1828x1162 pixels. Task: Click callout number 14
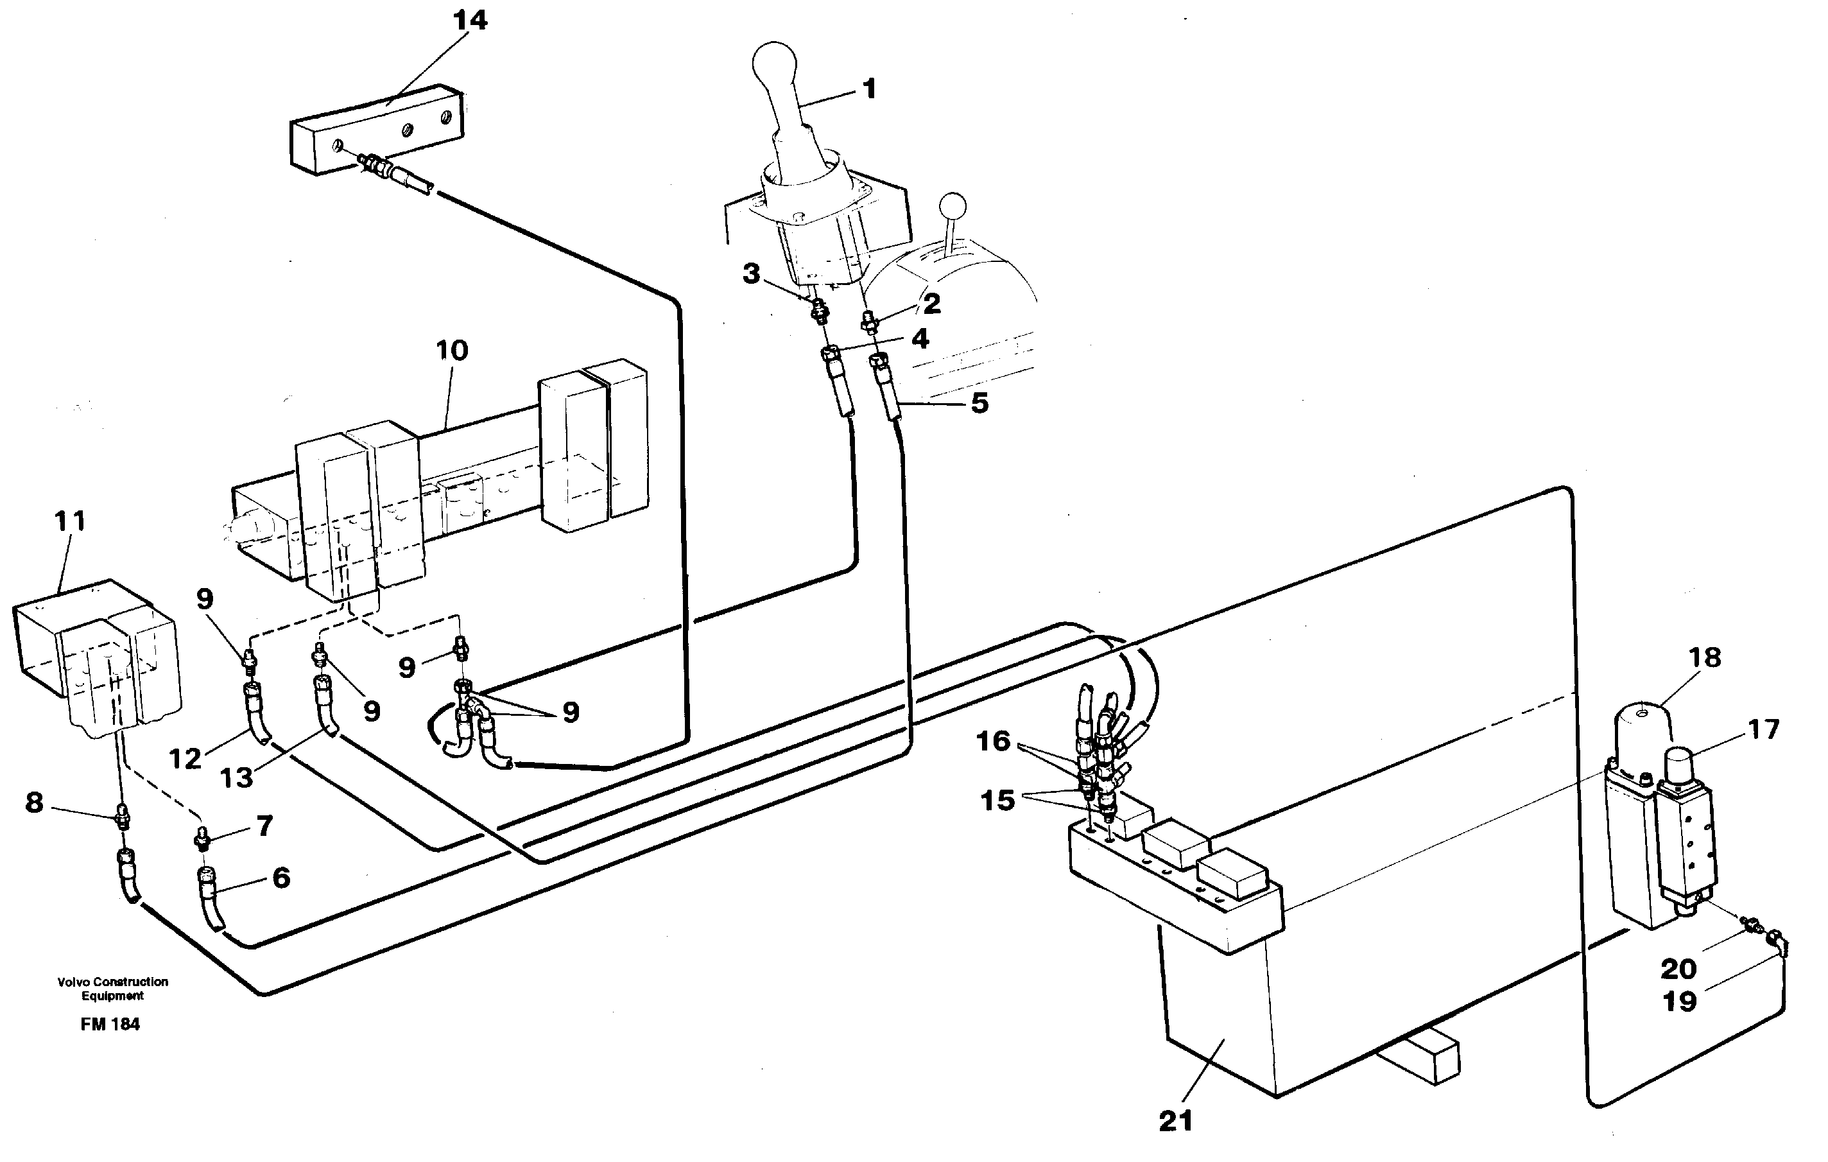(x=470, y=21)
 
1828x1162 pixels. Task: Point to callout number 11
(x=70, y=522)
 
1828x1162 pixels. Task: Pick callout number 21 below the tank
(x=1176, y=1121)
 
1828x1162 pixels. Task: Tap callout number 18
(x=1705, y=657)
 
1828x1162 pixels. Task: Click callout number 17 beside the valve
(x=1763, y=730)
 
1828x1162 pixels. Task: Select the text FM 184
(x=110, y=1025)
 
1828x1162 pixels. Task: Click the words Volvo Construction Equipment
(x=112, y=988)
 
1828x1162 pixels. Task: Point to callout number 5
(x=980, y=403)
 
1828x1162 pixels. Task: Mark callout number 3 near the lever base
(x=751, y=273)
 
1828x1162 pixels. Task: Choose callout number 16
(x=993, y=740)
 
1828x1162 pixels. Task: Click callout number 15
(x=997, y=800)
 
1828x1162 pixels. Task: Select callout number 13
(x=236, y=777)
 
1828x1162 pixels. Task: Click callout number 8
(x=34, y=802)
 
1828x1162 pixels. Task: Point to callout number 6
(x=281, y=878)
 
